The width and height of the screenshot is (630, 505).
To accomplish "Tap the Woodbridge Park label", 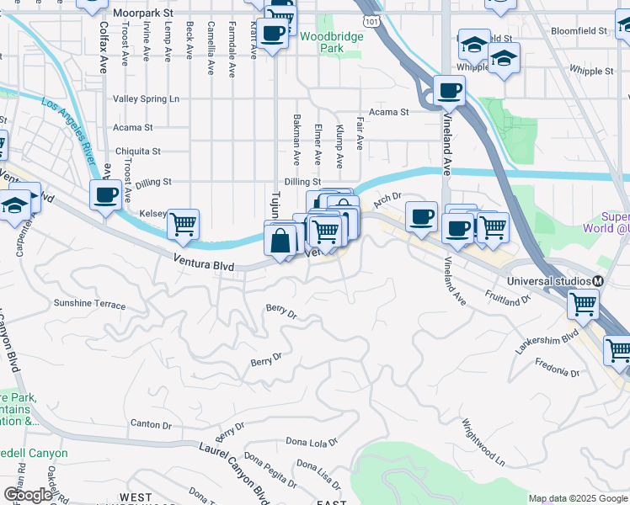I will [x=332, y=42].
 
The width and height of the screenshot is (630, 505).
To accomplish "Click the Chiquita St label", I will [x=137, y=151].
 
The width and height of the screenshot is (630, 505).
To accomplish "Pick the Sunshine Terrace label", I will [x=89, y=303].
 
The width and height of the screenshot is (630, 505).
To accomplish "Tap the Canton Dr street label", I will [x=151, y=423].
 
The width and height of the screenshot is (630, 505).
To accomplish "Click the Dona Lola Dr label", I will [x=312, y=441].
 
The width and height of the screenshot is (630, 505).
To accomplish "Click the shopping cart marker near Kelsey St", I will [x=183, y=224].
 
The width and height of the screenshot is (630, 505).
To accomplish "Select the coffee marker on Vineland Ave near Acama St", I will [x=449, y=90].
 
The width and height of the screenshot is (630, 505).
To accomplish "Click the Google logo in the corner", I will [x=28, y=495].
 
